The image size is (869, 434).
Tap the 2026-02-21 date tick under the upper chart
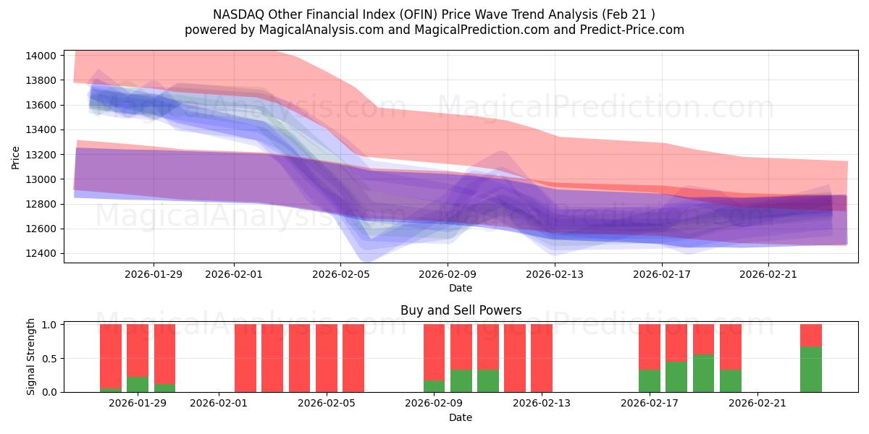[x=768, y=274]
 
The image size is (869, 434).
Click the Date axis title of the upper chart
[x=461, y=288]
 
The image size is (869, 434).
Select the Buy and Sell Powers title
[x=461, y=310]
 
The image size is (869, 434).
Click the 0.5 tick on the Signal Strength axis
[x=49, y=359]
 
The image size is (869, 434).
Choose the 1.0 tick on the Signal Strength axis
[x=49, y=325]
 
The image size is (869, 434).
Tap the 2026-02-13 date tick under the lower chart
[x=541, y=404]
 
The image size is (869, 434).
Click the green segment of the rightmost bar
[x=810, y=369]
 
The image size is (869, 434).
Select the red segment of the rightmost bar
[x=810, y=335]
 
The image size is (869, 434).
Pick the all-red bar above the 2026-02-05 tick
[x=327, y=358]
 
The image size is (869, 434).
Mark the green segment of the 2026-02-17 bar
[x=650, y=380]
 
